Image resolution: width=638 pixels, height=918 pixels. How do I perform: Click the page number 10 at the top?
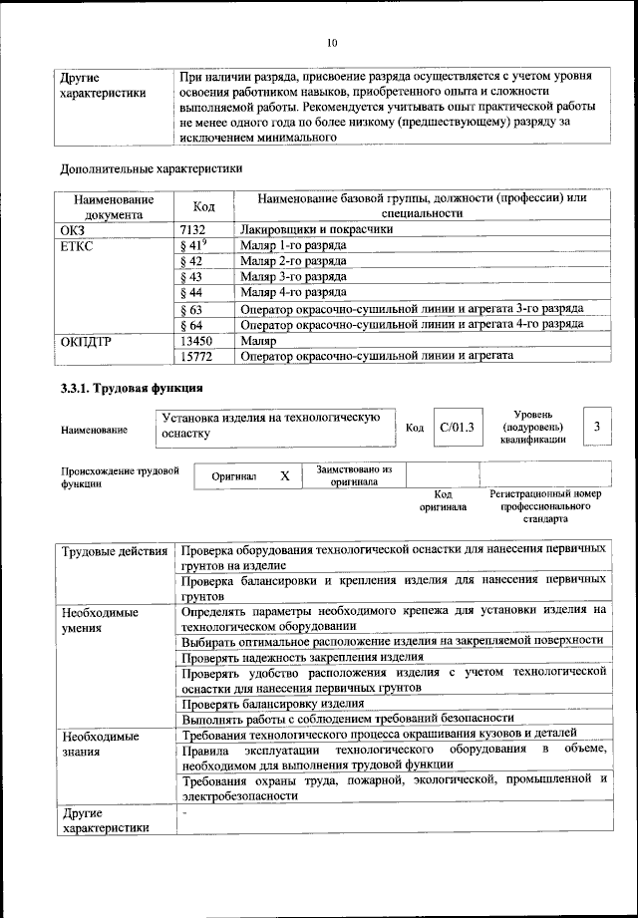(x=332, y=43)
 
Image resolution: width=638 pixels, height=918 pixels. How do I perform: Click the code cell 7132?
(x=190, y=229)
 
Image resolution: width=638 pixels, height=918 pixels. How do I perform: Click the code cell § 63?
(x=191, y=309)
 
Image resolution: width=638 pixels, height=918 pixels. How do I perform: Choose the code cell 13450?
(x=194, y=340)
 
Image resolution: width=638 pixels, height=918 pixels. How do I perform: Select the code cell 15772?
(x=194, y=355)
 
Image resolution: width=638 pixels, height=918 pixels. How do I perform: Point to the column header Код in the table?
(x=203, y=205)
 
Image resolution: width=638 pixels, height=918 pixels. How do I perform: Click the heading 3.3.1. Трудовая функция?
(x=132, y=388)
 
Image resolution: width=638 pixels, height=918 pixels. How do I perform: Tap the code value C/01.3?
(x=458, y=428)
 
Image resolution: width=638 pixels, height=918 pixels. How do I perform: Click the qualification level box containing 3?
(x=596, y=427)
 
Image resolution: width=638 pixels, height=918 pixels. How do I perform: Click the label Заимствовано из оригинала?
(x=354, y=474)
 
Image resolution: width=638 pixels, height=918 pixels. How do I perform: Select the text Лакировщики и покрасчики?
(x=314, y=229)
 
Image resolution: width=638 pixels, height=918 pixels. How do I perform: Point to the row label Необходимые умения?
(x=100, y=620)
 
